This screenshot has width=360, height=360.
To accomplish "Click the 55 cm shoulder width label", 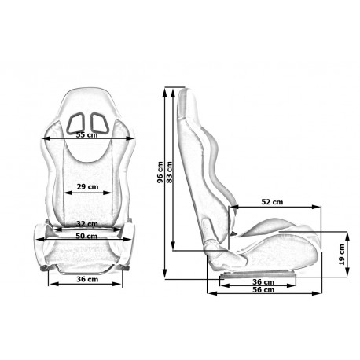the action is point(86,135).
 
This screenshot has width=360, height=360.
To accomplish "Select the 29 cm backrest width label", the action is point(87,187).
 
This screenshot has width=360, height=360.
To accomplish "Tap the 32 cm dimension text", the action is point(87,224).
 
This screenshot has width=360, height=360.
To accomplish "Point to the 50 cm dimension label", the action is point(86,236).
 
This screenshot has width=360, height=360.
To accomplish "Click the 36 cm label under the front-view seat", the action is point(87,279).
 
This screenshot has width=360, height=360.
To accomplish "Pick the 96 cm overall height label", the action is point(160,172).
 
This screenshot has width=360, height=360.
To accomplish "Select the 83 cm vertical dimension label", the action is point(169,172).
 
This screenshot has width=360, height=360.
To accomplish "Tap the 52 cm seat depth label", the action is point(272,202).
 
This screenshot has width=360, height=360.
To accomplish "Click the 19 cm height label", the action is point(342,255).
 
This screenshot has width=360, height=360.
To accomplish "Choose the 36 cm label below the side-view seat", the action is point(263,282).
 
